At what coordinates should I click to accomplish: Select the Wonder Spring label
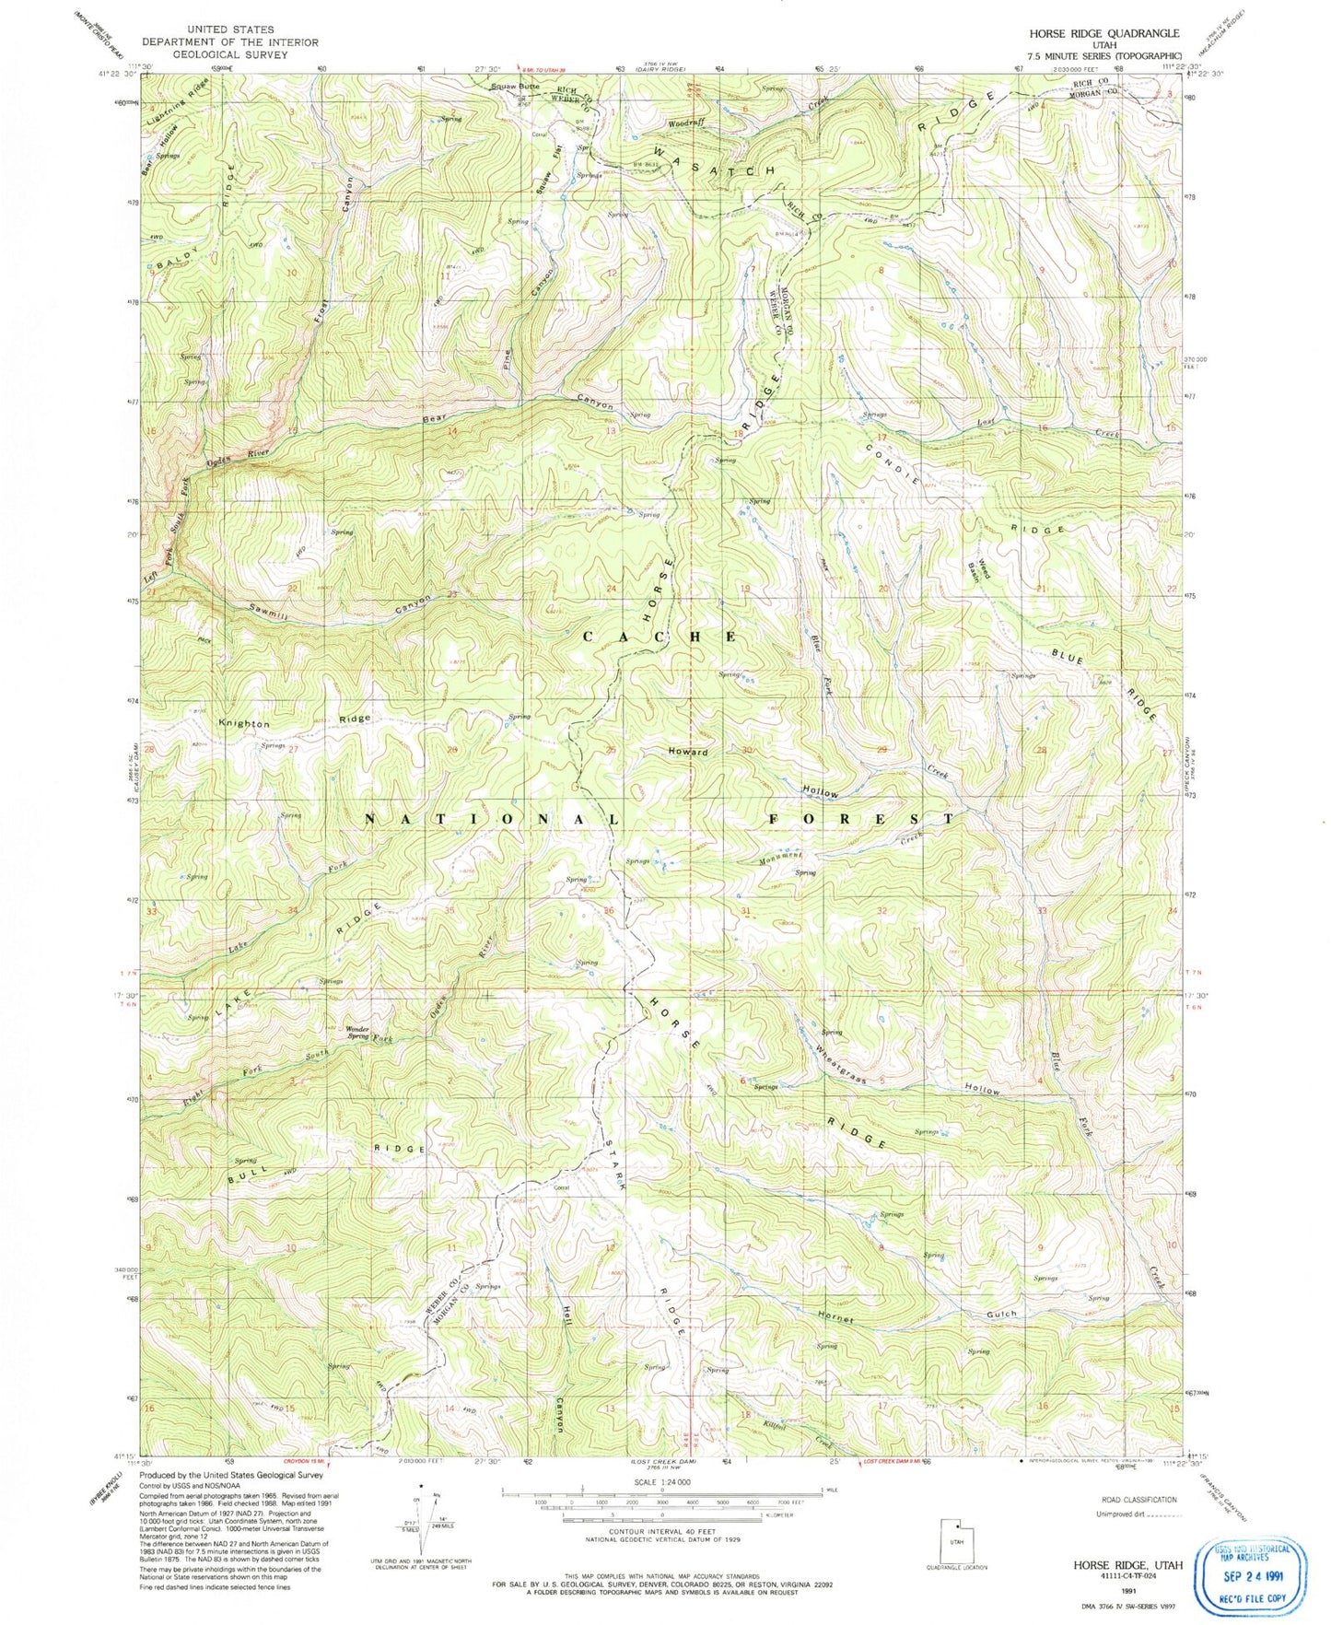coord(357,1033)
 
